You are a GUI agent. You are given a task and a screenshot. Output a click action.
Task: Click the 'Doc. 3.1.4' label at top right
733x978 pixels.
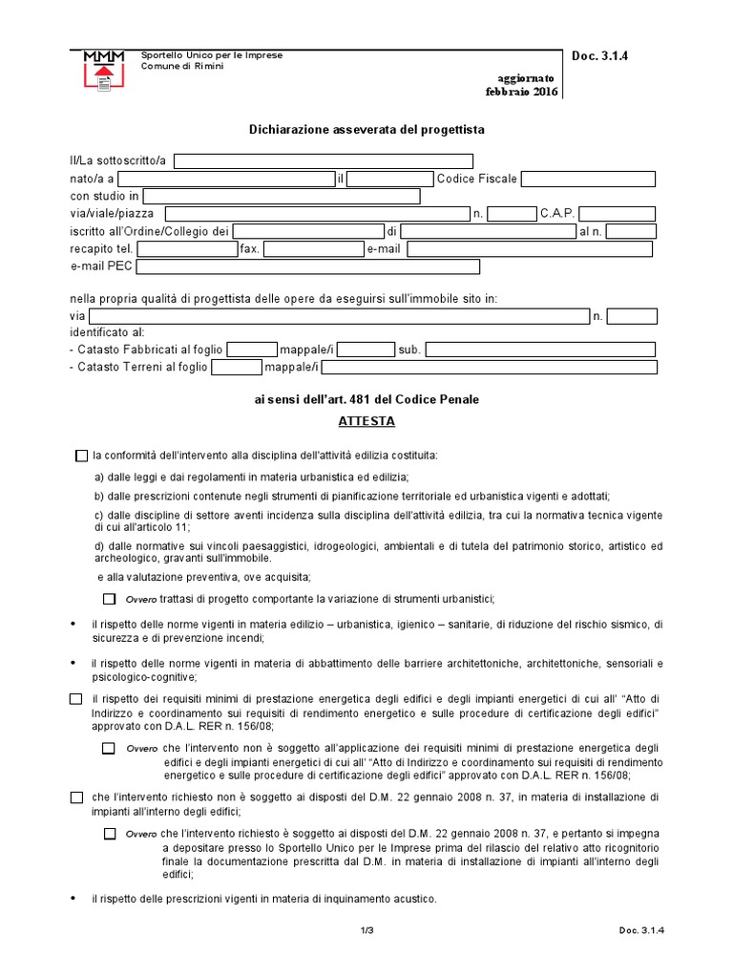599,56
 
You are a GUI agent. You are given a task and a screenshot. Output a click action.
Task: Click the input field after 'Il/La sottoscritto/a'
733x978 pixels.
324,160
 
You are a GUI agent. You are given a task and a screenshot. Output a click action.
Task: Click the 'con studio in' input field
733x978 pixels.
282,197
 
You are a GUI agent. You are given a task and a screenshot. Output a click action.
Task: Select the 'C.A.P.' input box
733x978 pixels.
617,214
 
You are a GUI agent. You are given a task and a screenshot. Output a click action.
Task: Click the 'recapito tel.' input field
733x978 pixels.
194,249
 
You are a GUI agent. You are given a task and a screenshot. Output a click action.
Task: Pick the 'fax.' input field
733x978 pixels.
313,249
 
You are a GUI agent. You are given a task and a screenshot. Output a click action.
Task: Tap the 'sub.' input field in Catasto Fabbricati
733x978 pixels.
540,350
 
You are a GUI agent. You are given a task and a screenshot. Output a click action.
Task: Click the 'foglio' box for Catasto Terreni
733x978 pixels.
236,368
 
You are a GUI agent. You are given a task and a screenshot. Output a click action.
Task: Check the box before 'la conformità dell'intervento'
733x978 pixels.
80,456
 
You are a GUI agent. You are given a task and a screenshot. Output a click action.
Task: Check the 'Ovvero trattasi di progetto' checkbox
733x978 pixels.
109,599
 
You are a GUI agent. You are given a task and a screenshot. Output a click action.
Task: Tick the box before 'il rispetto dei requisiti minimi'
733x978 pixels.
76,699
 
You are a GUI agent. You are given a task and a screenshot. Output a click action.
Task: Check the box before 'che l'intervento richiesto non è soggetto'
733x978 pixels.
76,797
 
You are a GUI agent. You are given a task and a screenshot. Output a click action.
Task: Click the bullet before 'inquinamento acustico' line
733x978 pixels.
75,899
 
